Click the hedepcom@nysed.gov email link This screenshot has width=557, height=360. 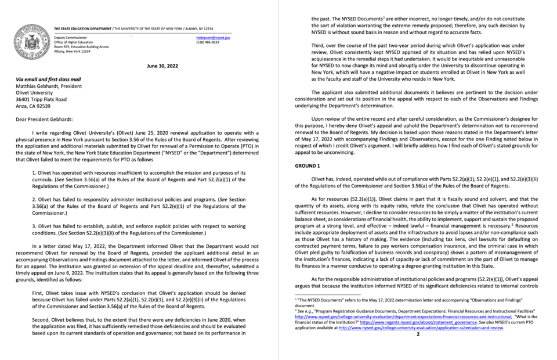pyautogui.click(x=214, y=37)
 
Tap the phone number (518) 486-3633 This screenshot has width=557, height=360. pyautogui.click(x=208, y=42)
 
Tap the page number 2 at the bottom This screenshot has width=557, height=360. pyautogui.click(x=417, y=334)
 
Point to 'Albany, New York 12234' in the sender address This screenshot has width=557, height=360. pyautogui.click(x=73, y=52)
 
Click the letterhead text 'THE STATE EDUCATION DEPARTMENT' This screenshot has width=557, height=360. pyautogui.click(x=83, y=28)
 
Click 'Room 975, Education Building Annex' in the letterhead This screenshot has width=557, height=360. pyautogui.click(x=81, y=47)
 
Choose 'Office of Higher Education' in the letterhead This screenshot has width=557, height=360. pyautogui.click(x=73, y=42)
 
